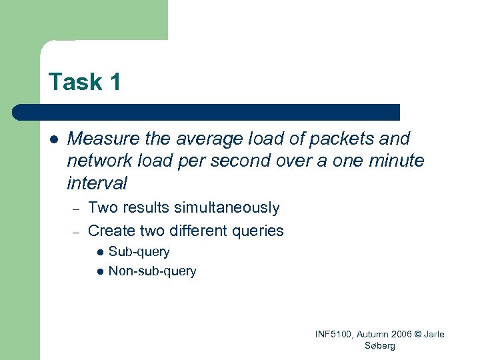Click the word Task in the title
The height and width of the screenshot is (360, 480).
tap(75, 82)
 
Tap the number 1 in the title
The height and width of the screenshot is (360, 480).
tap(114, 82)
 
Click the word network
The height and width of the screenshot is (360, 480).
tap(97, 161)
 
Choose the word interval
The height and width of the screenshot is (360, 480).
tap(97, 183)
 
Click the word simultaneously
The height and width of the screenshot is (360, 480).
tap(227, 208)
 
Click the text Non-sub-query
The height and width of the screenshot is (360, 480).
tap(152, 271)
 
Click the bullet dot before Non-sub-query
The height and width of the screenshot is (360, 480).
tap(100, 271)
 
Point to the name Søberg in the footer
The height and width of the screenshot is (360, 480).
tap(380, 345)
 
